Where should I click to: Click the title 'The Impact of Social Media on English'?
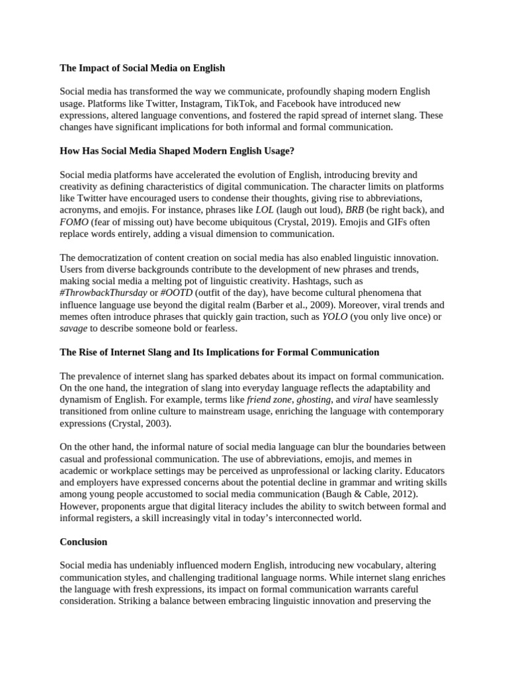[142, 68]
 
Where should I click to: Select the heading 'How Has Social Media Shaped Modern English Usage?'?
[177, 151]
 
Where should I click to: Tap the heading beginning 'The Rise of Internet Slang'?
[219, 352]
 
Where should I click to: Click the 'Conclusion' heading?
[83, 542]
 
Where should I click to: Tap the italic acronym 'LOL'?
[265, 210]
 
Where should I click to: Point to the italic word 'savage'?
[73, 328]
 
